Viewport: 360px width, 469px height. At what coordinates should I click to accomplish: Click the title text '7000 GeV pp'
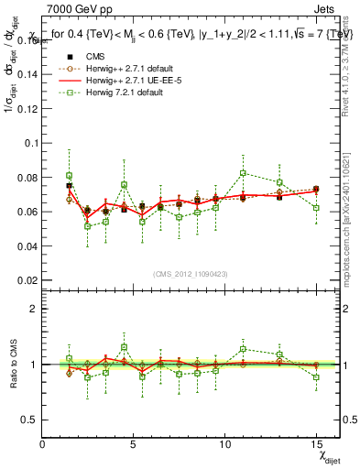[74, 8]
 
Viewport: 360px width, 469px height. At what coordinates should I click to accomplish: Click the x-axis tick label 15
[316, 444]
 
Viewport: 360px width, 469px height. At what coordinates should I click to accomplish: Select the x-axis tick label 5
[134, 444]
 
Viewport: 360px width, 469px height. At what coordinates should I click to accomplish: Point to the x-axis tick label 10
[224, 444]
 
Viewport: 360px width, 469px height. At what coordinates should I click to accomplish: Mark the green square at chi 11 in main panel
[243, 173]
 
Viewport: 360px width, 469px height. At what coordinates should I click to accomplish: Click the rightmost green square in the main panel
[316, 208]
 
